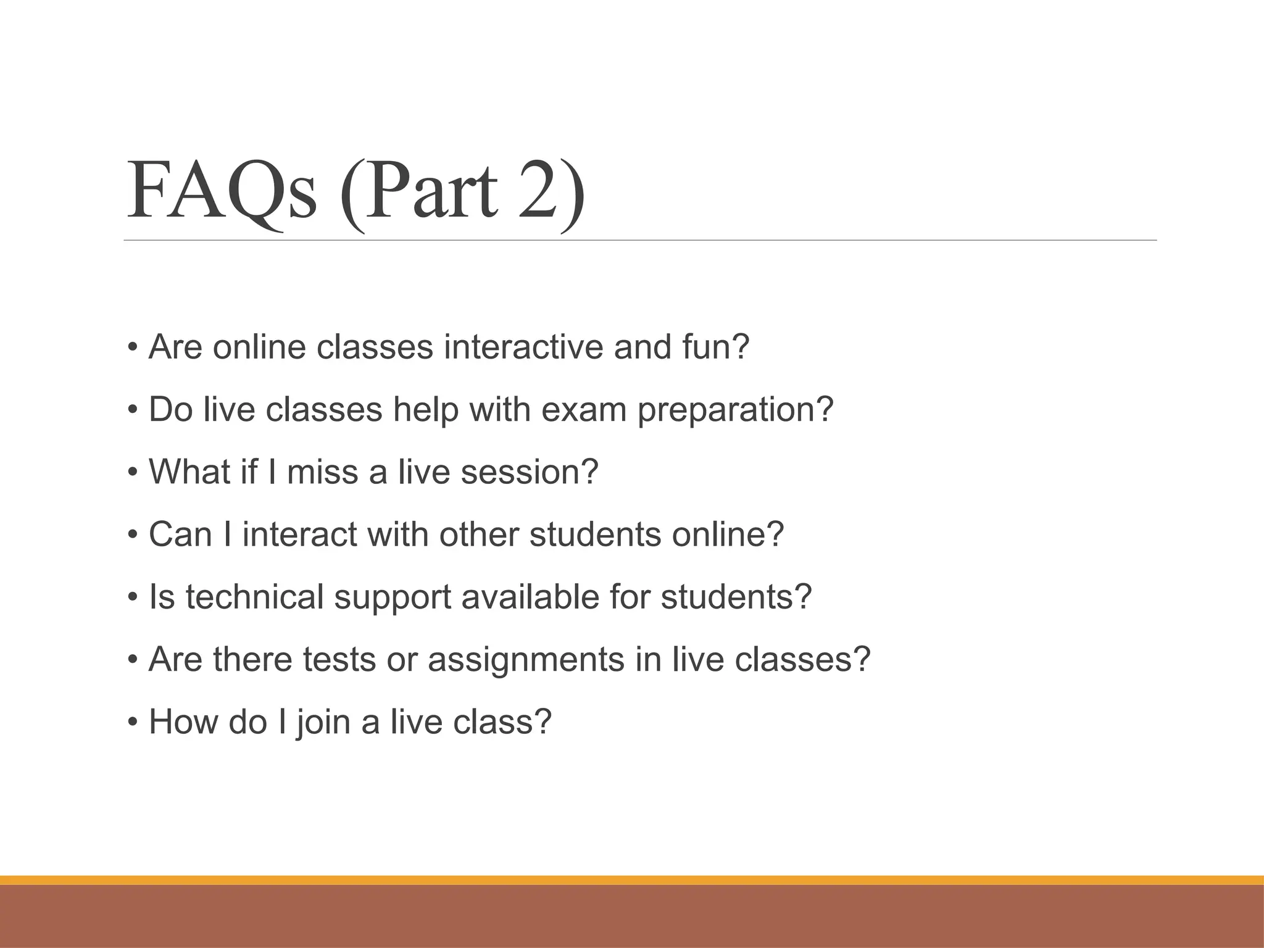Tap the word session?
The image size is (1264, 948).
(x=530, y=472)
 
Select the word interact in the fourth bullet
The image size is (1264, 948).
(x=300, y=534)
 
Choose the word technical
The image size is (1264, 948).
(x=255, y=597)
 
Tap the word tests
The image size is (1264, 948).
(x=339, y=659)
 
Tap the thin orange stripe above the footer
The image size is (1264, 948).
(x=632, y=881)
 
